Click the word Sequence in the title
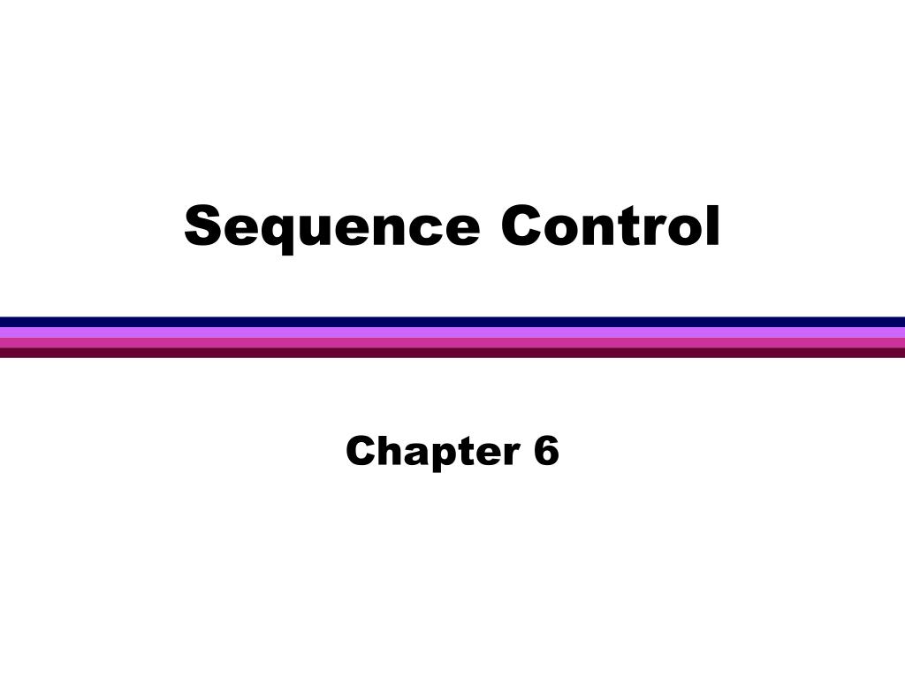332,226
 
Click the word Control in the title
610,226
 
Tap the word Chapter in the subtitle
431,452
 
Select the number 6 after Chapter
546,451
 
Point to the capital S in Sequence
202,226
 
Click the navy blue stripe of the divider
452,322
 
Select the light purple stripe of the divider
452,332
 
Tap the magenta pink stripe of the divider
452,342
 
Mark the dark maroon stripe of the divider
452,352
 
